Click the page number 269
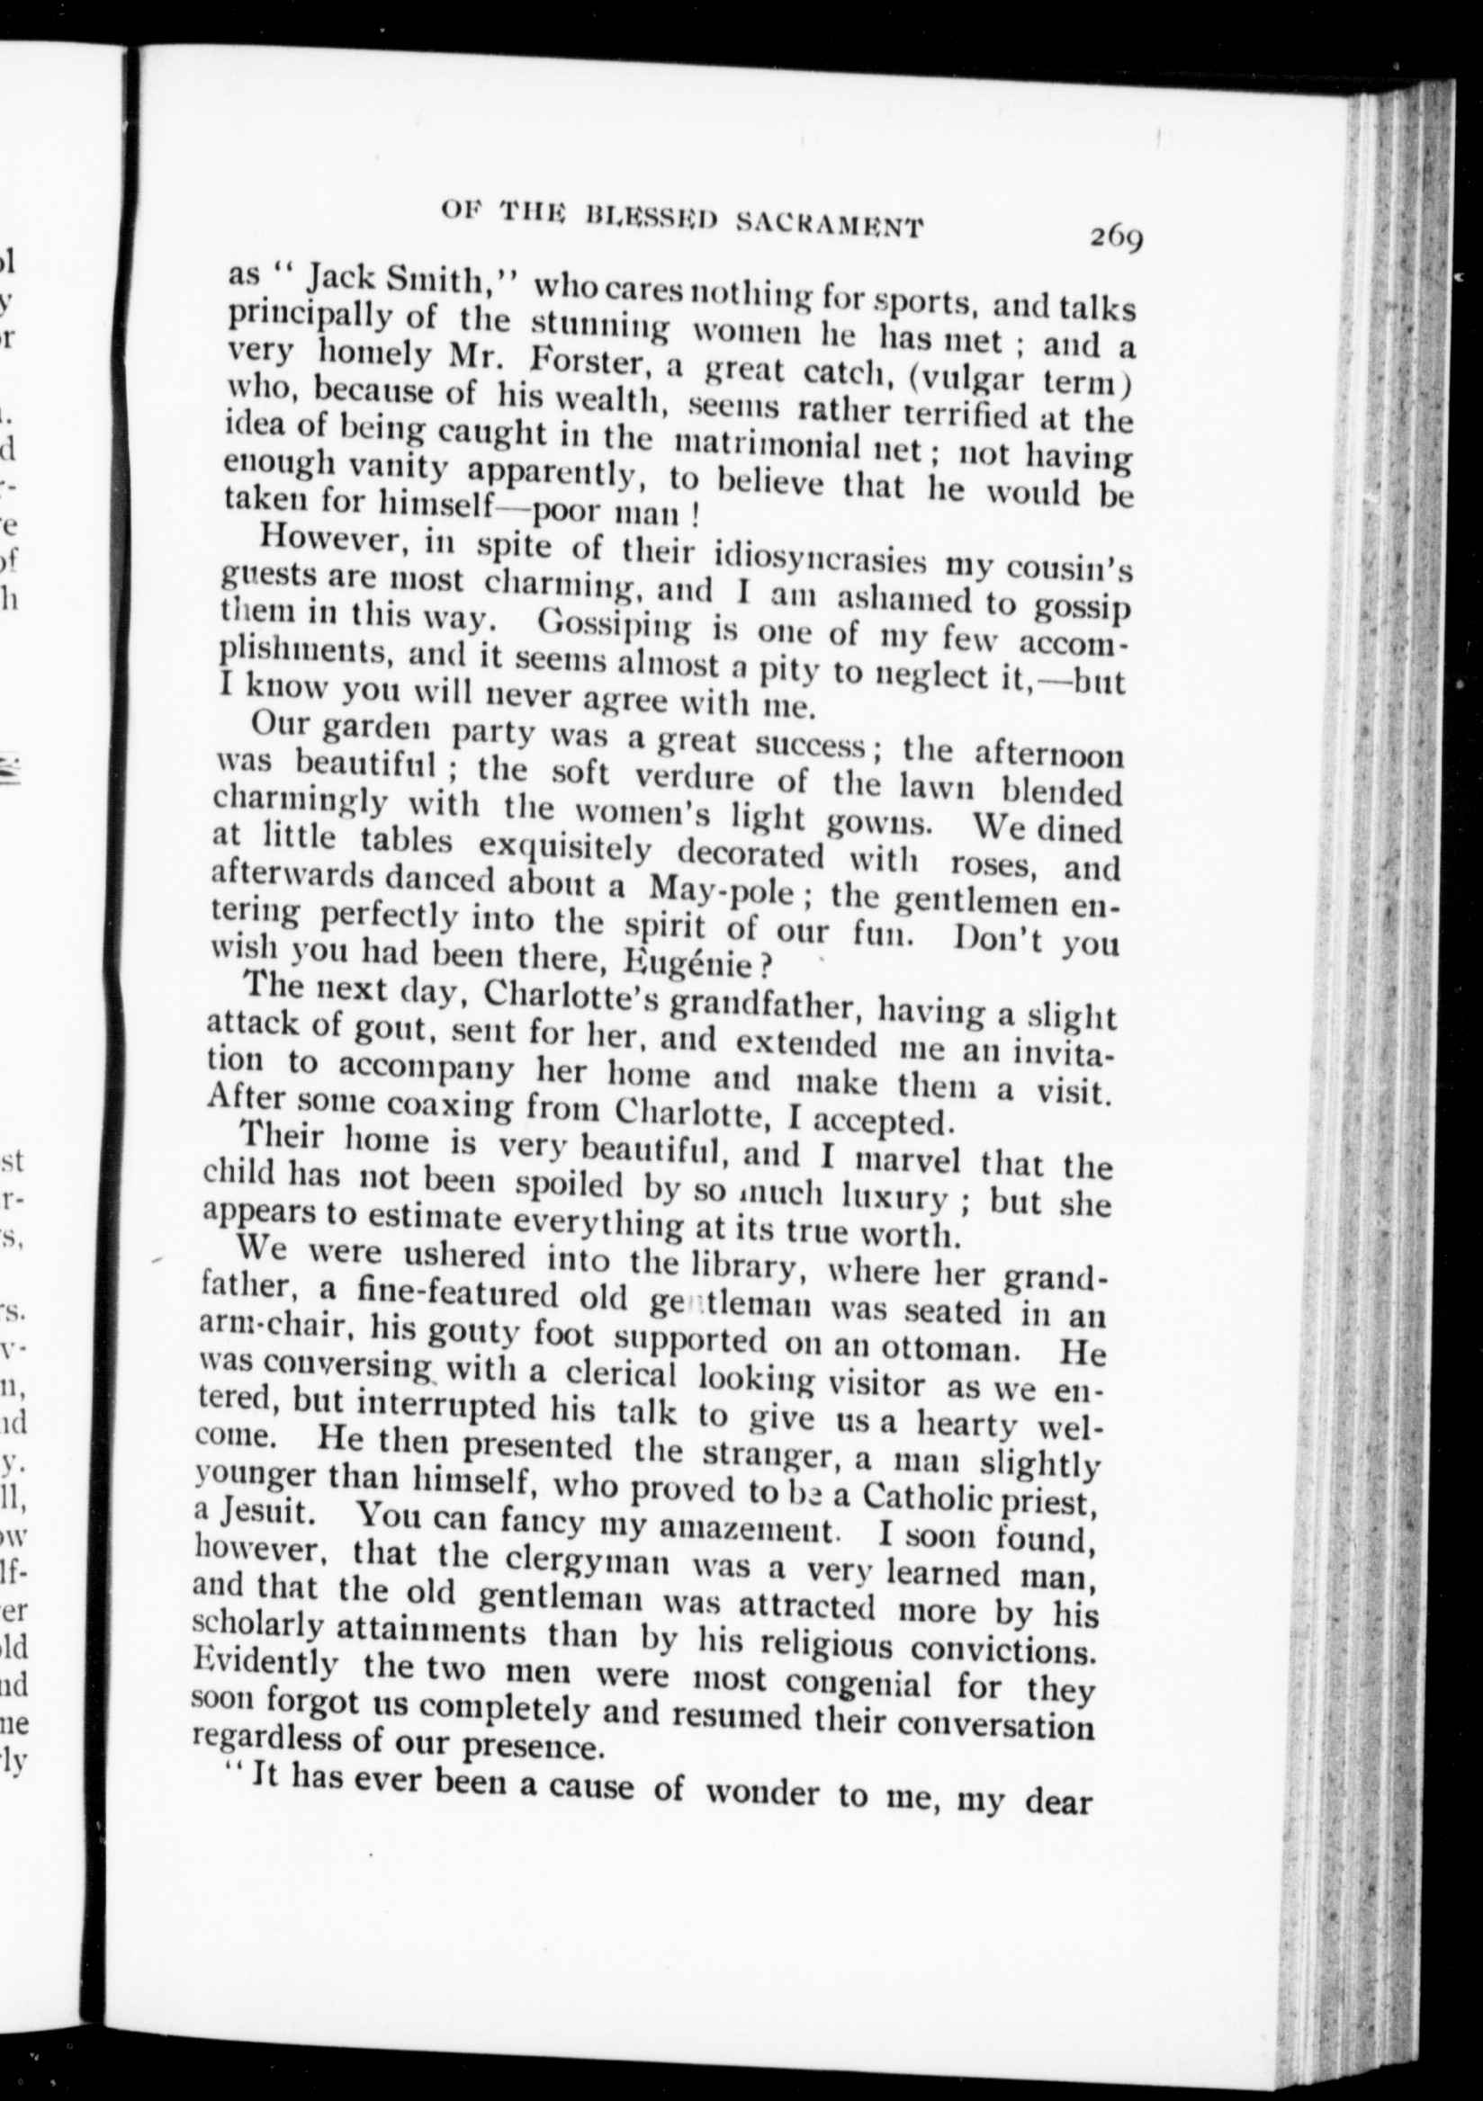pos(1116,240)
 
